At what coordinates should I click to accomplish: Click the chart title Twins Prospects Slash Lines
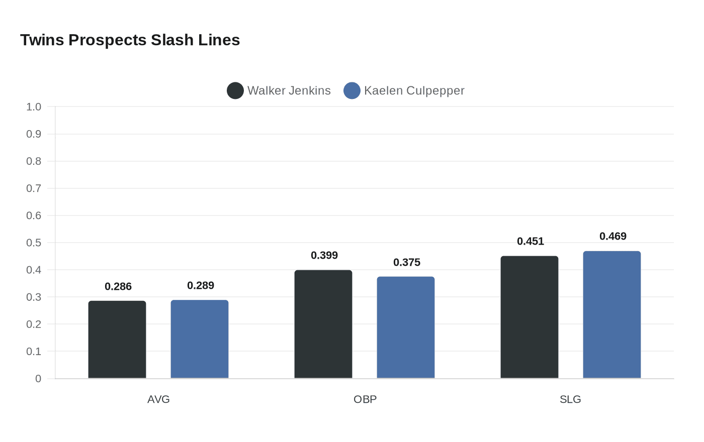point(130,40)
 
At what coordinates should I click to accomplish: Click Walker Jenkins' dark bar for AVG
point(117,340)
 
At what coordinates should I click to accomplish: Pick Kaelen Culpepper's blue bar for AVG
point(200,339)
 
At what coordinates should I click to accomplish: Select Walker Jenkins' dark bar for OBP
point(323,324)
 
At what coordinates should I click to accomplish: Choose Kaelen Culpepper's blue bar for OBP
point(406,327)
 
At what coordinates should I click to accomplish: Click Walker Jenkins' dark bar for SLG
point(530,317)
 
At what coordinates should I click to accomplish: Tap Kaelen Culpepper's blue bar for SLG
point(612,314)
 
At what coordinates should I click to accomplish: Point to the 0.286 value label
point(118,287)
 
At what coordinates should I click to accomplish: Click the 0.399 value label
point(324,256)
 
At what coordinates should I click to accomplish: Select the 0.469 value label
point(613,237)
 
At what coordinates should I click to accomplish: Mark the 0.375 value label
point(407,263)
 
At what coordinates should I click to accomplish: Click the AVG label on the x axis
point(158,399)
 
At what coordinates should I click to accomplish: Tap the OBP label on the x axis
point(365,399)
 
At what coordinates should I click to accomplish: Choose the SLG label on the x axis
point(570,399)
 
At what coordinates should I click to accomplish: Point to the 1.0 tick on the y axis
point(34,107)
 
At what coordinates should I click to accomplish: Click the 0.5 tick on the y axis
point(34,243)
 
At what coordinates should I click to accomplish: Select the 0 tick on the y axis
point(38,379)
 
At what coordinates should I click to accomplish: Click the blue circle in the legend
point(352,91)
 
